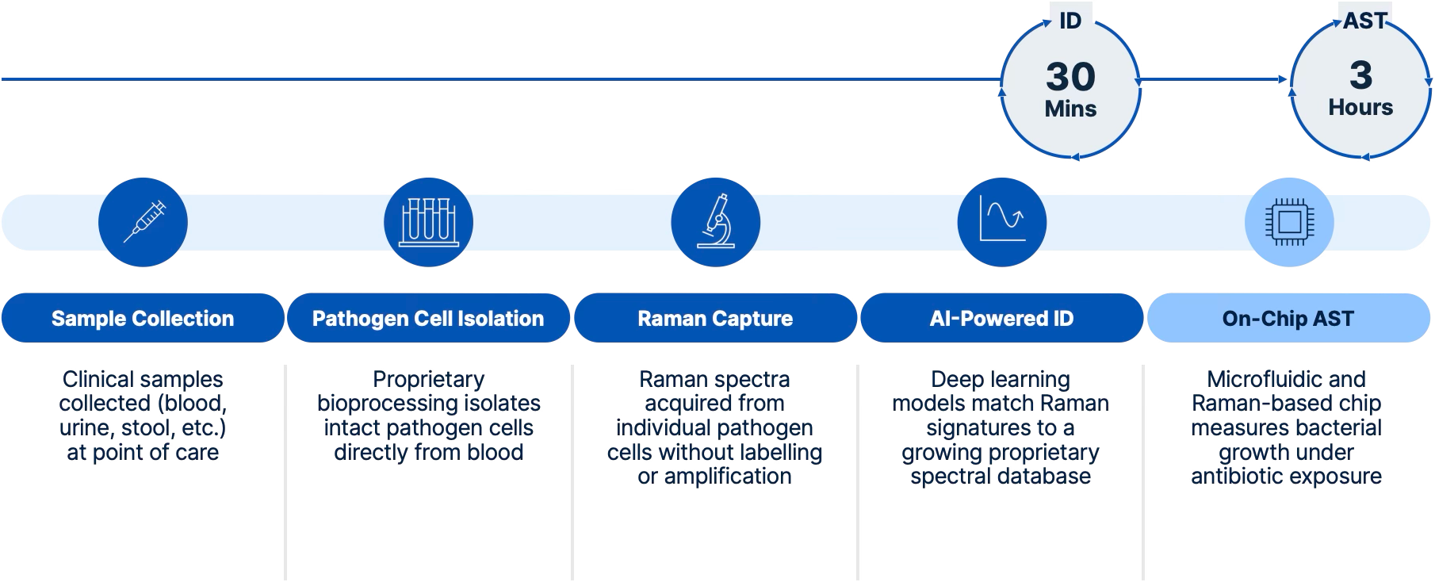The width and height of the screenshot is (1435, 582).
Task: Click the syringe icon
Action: pos(143,221)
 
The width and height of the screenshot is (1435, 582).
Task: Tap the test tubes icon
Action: pos(429,221)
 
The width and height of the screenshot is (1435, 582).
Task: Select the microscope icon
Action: pos(715,221)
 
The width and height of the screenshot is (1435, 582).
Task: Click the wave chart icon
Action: pos(1002,221)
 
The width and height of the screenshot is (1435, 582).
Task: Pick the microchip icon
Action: pos(1288,221)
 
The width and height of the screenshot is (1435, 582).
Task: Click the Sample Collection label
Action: pos(143,319)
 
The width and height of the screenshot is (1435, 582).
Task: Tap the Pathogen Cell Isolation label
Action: pos(428,319)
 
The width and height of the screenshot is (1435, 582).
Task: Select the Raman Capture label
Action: pos(715,319)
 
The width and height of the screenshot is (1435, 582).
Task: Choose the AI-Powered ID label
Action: pos(1001,319)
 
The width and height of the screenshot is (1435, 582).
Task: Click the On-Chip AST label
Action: pos(1288,319)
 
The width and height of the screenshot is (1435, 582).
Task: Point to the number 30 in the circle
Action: pos(1070,77)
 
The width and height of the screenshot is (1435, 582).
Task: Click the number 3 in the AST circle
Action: pos(1360,75)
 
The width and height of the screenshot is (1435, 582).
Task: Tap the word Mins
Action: pos(1070,109)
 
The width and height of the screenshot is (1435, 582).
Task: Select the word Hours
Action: pos(1360,107)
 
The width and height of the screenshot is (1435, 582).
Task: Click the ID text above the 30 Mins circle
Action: pos(1070,21)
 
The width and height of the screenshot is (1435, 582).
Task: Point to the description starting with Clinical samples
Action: pos(143,416)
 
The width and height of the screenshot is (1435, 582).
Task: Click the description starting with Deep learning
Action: pos(1001,428)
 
